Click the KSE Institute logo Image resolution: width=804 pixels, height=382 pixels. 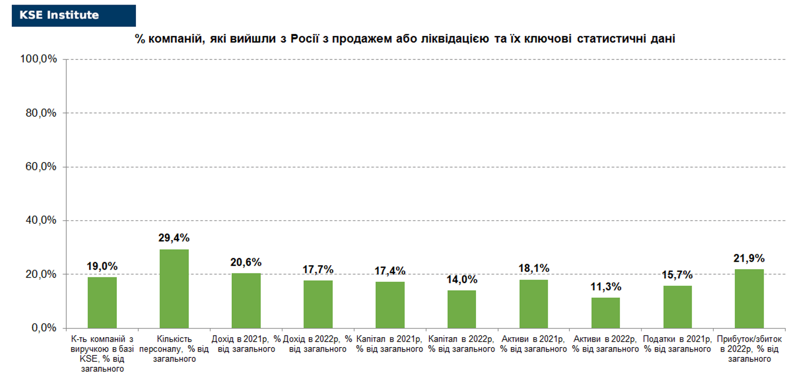[x=74, y=15]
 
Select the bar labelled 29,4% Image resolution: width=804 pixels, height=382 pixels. [x=174, y=289]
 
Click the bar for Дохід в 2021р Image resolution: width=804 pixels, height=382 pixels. [x=246, y=300]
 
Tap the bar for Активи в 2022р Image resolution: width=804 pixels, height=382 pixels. [x=606, y=313]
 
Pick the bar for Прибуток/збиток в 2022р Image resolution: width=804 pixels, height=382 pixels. [x=749, y=299]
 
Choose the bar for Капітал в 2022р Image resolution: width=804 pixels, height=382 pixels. [x=461, y=309]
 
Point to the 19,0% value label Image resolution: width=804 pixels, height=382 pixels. [x=102, y=267]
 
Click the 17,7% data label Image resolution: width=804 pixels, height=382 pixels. [x=318, y=270]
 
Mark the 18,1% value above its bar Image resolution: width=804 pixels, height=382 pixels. [x=534, y=268]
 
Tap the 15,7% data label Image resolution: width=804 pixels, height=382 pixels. [x=677, y=275]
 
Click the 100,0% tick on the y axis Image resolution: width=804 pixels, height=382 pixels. [x=38, y=59]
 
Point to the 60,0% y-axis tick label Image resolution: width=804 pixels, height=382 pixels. [x=41, y=166]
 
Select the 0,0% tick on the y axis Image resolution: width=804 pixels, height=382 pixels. [x=44, y=328]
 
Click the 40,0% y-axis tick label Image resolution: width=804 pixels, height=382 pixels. [x=41, y=220]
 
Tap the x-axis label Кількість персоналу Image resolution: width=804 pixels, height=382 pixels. [x=174, y=349]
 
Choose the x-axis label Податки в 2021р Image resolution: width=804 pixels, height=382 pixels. [x=678, y=344]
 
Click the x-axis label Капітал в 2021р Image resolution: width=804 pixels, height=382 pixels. [x=390, y=344]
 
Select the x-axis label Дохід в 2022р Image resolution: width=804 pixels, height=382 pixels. [x=318, y=344]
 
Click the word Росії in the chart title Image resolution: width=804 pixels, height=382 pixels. [x=305, y=38]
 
